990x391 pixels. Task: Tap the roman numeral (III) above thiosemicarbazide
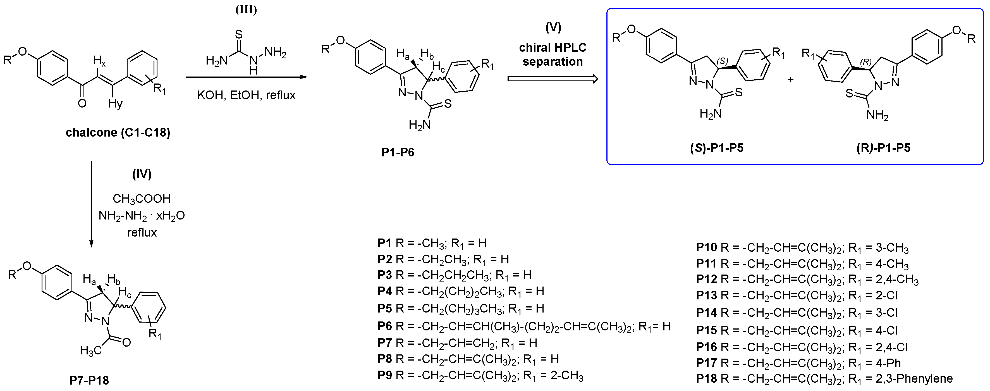[246, 9]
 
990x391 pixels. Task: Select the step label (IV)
[142, 174]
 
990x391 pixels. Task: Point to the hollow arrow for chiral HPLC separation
[553, 79]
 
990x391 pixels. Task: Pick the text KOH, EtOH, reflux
[246, 95]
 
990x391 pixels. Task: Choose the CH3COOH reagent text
[142, 199]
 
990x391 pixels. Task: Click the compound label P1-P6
[398, 153]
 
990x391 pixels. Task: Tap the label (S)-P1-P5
[717, 148]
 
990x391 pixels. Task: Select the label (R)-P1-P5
[883, 148]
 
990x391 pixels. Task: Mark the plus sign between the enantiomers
[791, 80]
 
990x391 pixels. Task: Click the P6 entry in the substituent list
[524, 326]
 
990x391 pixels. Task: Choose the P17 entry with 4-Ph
[798, 363]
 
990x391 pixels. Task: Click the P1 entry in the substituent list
[432, 243]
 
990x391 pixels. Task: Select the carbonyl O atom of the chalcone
[82, 103]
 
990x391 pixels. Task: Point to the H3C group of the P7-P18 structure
[91, 351]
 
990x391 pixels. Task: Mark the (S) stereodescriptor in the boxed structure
[722, 61]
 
